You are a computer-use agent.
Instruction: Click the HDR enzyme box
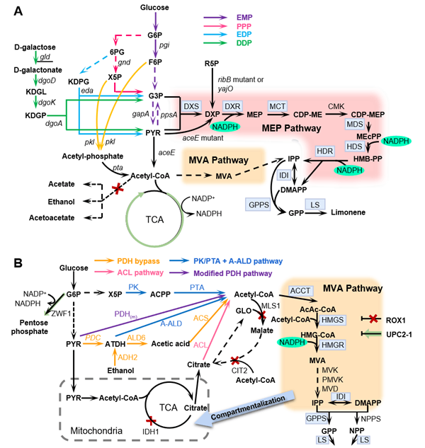[x=324, y=151]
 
